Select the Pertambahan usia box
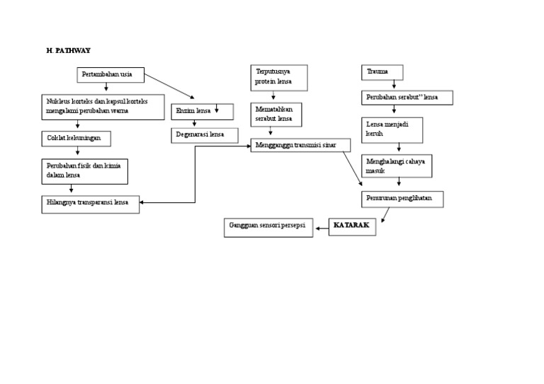[110, 74]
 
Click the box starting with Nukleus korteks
[103, 107]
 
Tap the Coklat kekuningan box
[76, 138]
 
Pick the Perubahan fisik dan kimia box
[84, 170]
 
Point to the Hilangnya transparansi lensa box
[90, 204]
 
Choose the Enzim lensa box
[203, 111]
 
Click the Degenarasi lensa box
[205, 134]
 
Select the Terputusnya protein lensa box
[279, 77]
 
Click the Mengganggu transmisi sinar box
[300, 145]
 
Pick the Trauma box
[382, 72]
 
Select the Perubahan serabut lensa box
[407, 98]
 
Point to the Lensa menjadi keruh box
[392, 129]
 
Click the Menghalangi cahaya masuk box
[397, 166]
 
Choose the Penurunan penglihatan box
[402, 199]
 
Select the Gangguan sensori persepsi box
[268, 228]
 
